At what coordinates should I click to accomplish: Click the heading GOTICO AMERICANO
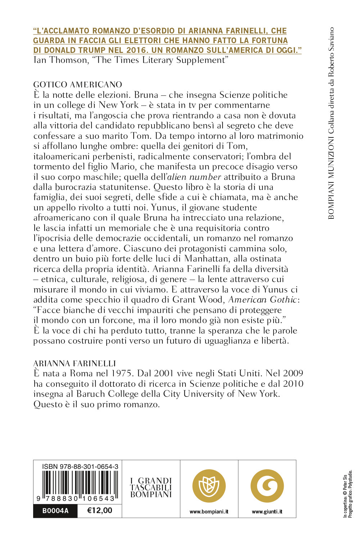click(x=77, y=85)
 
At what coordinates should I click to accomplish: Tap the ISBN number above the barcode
click(x=80, y=467)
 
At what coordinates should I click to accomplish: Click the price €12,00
click(x=100, y=511)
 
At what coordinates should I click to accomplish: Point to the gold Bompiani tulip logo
click(x=209, y=486)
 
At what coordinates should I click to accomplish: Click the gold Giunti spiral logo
click(x=267, y=486)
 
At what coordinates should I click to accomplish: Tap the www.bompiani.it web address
click(x=209, y=512)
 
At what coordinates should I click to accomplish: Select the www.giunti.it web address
click(x=267, y=512)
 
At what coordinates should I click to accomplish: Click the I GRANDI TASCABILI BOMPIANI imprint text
click(x=151, y=488)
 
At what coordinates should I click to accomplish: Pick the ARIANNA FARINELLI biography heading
click(x=75, y=363)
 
